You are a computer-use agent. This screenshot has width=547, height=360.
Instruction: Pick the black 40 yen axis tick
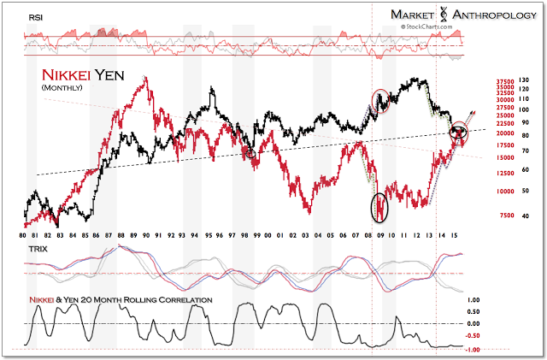522,215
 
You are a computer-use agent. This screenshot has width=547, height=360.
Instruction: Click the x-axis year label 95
209,233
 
